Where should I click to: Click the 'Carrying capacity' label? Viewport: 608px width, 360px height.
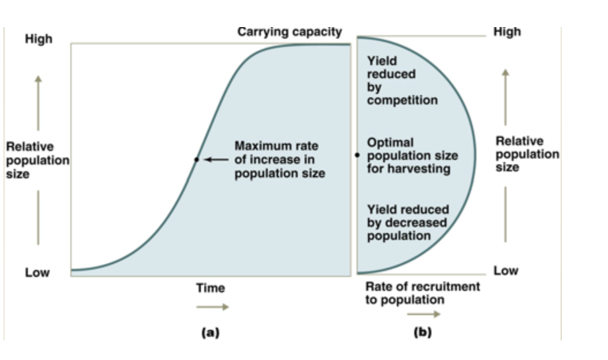(290, 32)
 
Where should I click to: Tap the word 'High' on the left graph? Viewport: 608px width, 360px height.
(38, 39)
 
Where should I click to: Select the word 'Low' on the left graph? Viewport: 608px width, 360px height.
(37, 272)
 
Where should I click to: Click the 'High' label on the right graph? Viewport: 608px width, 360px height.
(506, 32)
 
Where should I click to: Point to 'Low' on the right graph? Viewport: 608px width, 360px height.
(505, 271)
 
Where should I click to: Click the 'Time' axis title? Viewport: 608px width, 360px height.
(210, 288)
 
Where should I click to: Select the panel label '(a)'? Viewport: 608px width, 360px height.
(210, 332)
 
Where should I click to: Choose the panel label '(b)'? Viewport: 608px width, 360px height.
(422, 332)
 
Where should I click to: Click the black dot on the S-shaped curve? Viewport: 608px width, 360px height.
(197, 159)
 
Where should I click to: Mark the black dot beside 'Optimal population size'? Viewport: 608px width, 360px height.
(357, 155)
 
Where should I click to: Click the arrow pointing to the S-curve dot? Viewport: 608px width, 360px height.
(216, 159)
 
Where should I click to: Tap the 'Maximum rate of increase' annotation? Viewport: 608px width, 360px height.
(279, 159)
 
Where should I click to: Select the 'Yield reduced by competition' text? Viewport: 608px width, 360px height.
(402, 80)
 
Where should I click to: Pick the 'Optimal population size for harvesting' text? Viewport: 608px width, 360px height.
(412, 155)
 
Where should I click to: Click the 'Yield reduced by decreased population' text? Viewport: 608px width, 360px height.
(407, 223)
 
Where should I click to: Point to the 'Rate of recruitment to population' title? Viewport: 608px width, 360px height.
(422, 293)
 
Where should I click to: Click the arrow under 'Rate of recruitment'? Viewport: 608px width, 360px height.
(423, 314)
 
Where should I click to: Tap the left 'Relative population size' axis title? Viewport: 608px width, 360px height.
(37, 160)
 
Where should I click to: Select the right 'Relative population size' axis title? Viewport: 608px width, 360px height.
(527, 154)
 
